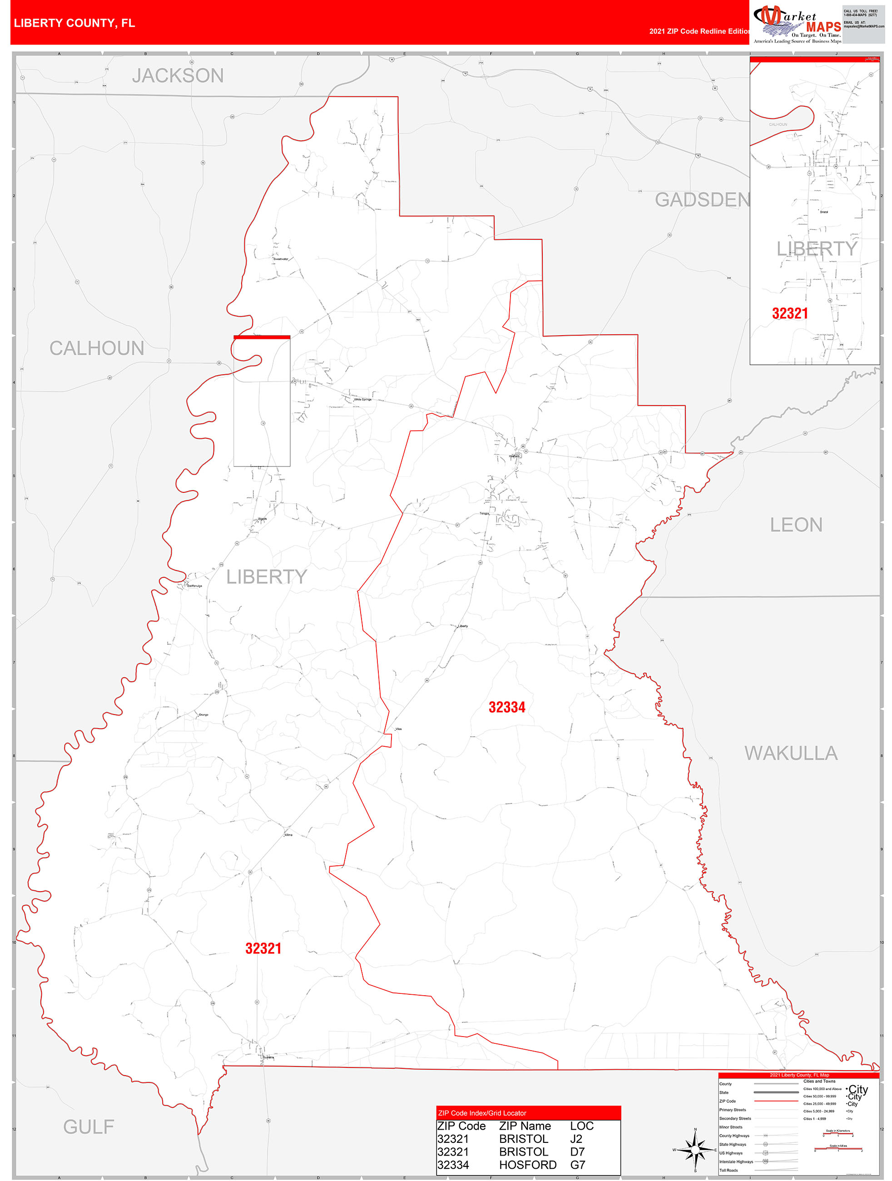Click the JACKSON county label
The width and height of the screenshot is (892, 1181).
pos(178,76)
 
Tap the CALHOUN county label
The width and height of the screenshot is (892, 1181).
pos(97,348)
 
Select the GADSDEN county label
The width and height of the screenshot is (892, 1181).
pos(701,200)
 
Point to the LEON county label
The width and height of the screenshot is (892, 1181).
pos(795,525)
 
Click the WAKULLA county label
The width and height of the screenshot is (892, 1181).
pos(791,753)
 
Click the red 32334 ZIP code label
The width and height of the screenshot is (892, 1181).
pos(506,707)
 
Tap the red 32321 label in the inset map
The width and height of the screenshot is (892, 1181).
pos(789,313)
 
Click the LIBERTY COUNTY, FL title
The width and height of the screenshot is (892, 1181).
pos(74,23)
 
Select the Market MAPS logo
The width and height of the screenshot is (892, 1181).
pos(797,24)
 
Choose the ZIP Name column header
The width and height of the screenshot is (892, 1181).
pos(525,1126)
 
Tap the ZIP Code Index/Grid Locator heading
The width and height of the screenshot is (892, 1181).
pos(482,1113)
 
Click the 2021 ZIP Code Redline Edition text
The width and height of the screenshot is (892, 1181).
pos(699,31)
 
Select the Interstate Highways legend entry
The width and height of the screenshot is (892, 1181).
pos(736,1161)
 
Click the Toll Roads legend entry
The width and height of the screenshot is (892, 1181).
pos(728,1170)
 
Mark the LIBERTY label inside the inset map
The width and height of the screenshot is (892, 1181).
pos(816,249)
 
